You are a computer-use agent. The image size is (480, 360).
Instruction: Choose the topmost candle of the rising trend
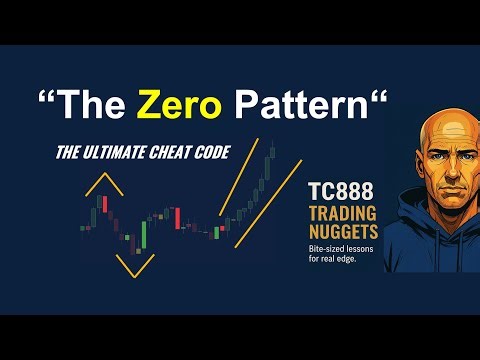point(270,151)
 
